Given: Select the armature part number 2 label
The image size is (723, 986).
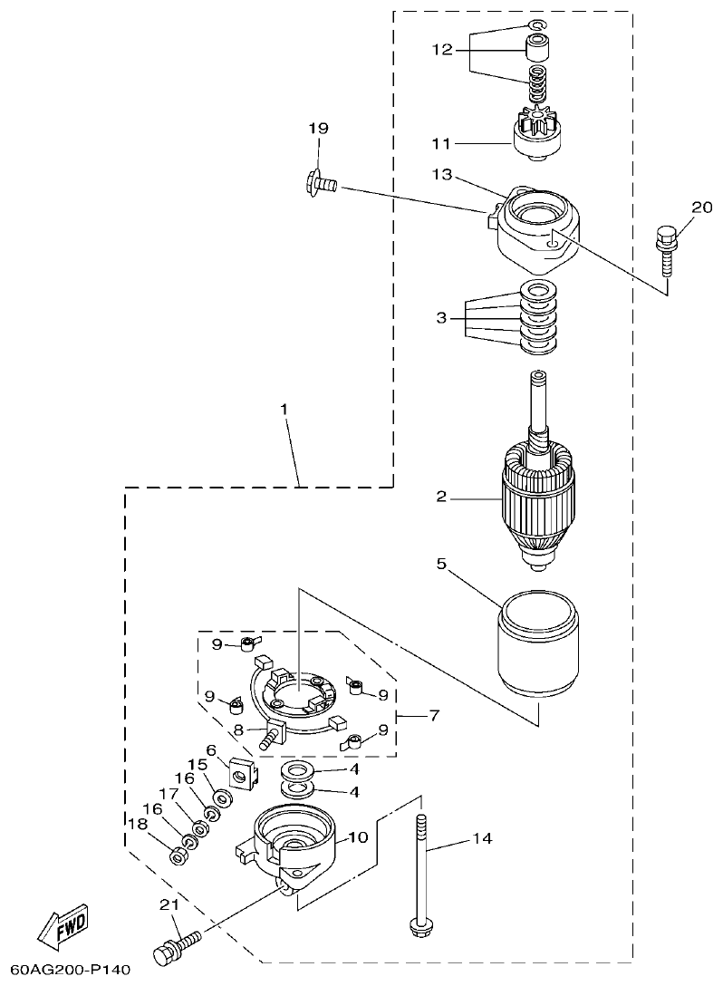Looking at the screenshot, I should click(441, 496).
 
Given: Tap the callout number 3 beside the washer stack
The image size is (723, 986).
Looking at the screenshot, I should click(441, 318).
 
